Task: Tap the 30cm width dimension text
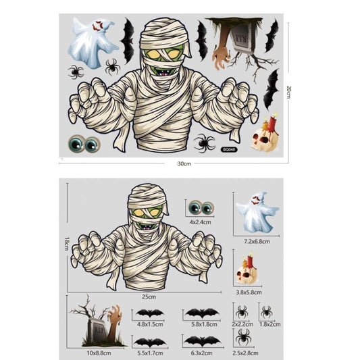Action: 184,163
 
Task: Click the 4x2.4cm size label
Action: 201,221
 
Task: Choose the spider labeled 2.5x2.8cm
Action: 244,336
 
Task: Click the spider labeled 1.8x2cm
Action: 266,311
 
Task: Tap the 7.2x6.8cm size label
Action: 257,241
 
